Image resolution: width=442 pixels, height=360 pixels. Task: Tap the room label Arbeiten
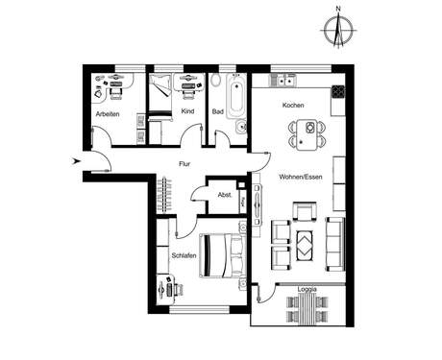point(107,115)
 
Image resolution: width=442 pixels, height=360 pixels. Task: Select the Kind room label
point(187,112)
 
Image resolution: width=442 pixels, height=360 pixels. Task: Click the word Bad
point(218,112)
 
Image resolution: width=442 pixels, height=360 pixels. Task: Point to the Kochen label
point(293,106)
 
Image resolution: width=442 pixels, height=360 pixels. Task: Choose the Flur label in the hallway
point(184,164)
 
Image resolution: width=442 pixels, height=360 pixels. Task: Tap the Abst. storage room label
point(225,195)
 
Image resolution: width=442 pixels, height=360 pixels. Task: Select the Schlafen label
point(184,256)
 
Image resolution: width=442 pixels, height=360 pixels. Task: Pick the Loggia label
point(307,289)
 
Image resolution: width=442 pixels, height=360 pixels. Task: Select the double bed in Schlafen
point(223,254)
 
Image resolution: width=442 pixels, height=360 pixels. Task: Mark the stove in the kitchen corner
point(337,92)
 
